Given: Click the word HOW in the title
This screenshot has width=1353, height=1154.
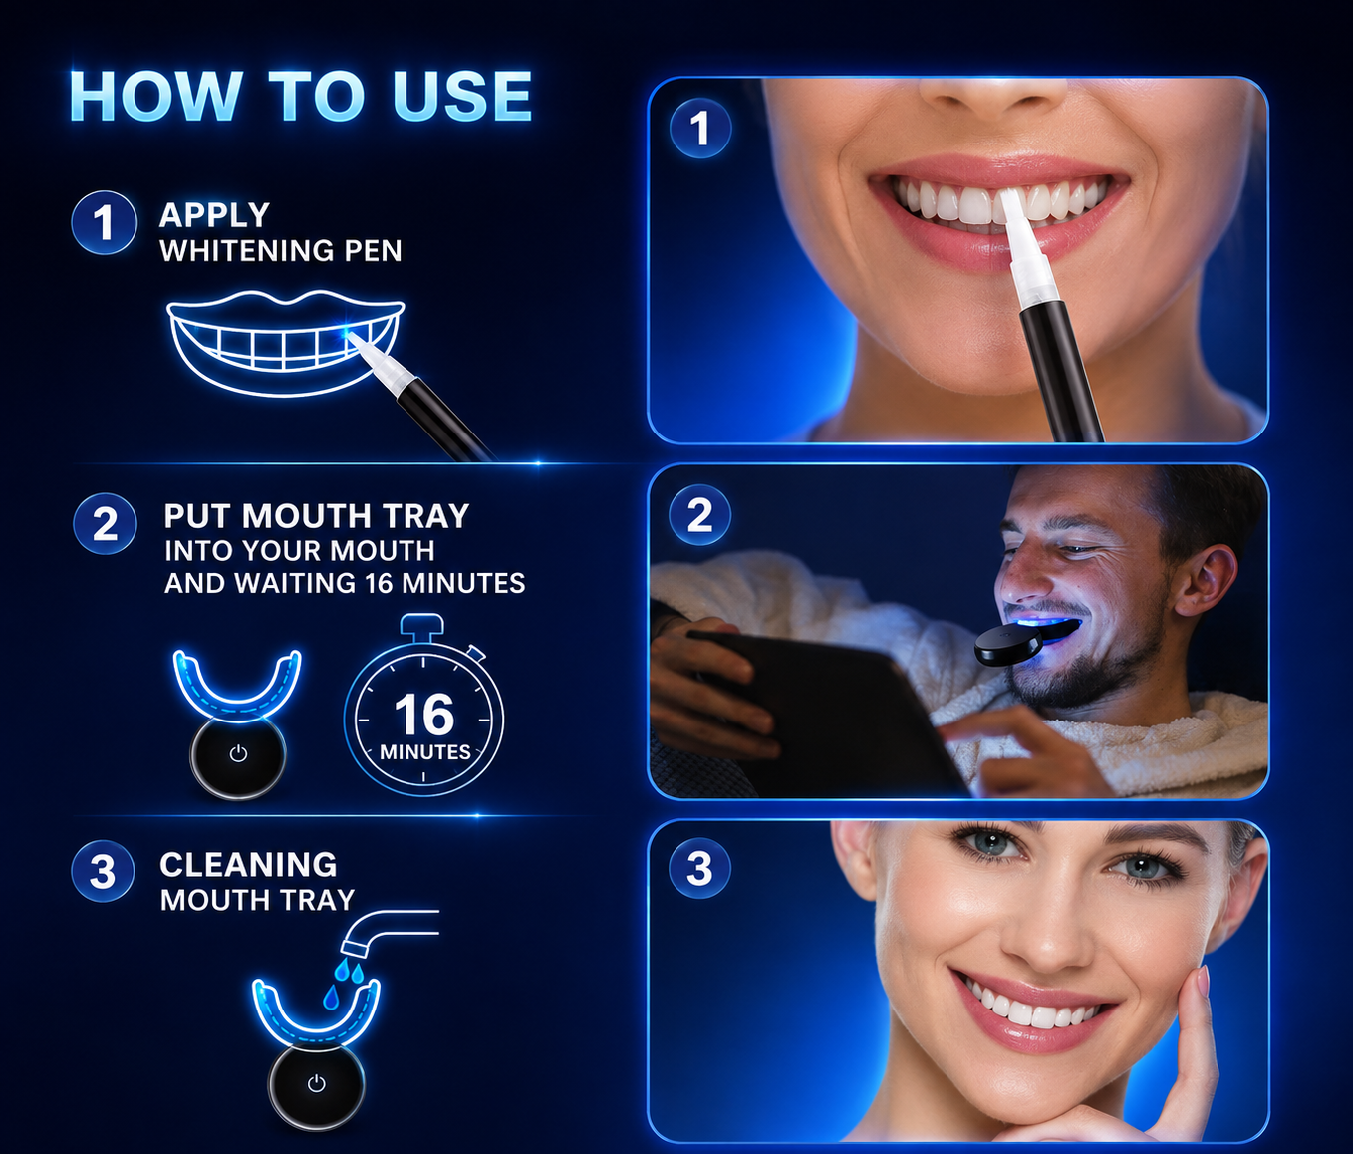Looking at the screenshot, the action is click(155, 96).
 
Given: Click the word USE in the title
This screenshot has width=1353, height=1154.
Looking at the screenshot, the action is click(462, 96).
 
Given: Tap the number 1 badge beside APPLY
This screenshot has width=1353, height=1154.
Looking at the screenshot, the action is click(104, 222).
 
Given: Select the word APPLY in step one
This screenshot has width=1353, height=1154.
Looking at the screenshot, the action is click(214, 215).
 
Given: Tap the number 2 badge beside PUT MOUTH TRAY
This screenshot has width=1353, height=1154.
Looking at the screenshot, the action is click(105, 523).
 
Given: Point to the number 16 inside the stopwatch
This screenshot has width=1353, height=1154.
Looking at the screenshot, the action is click(424, 716).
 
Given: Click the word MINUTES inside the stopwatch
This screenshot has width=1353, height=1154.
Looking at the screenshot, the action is click(424, 752).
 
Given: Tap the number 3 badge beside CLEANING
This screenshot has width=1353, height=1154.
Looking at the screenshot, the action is click(103, 872).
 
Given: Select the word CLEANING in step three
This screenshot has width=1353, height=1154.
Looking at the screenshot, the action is click(248, 865).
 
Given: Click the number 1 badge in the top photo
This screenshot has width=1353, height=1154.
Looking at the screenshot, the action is click(699, 129).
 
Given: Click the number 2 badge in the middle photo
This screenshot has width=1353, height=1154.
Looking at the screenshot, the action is click(699, 515).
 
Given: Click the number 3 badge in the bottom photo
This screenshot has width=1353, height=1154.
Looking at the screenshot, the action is click(699, 868).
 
